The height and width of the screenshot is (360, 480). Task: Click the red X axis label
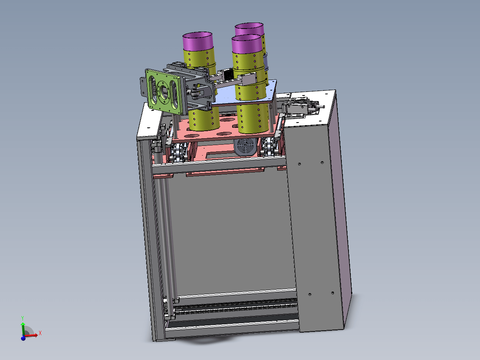point(40,333)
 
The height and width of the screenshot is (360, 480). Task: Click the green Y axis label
point(22,318)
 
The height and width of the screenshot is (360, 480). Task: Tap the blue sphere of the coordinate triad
point(23,338)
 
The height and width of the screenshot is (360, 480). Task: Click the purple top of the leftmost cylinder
point(198,41)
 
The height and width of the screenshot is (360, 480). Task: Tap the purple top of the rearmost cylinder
point(250,29)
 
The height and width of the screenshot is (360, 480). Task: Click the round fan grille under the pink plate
point(245,146)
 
